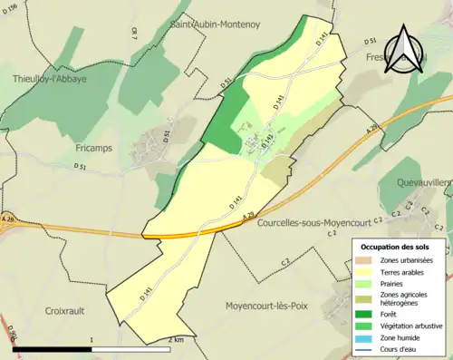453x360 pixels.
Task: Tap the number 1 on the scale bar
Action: pyautogui.click(x=92, y=339)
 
